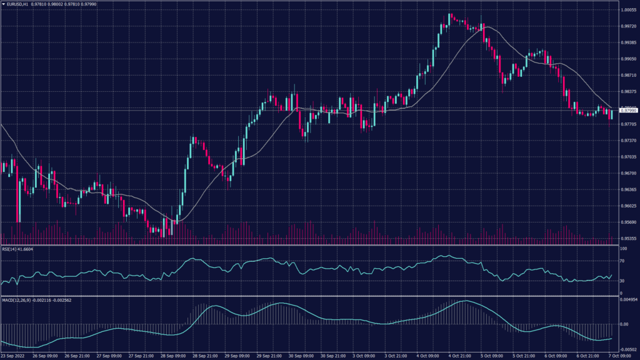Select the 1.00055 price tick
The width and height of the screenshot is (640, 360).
coord(627,10)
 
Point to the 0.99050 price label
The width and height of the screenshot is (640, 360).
coord(627,59)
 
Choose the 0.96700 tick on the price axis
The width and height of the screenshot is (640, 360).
coord(627,173)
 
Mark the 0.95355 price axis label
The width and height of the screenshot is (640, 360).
coord(627,239)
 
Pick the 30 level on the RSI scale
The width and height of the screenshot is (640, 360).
coord(622,281)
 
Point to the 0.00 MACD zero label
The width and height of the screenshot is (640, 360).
coord(622,324)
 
